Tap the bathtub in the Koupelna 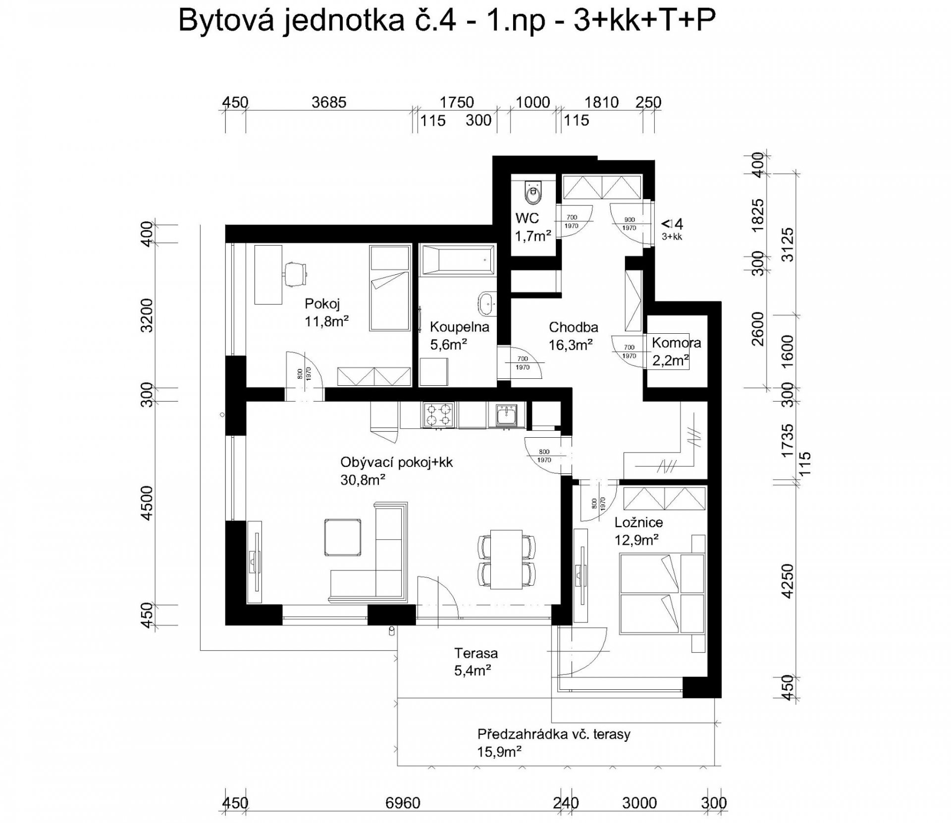pyautogui.click(x=457, y=259)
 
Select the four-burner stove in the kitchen pyautogui.click(x=439, y=414)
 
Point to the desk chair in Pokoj pyautogui.click(x=296, y=273)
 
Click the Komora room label pyautogui.click(x=676, y=343)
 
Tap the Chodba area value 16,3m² pyautogui.click(x=571, y=345)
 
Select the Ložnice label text pyautogui.click(x=638, y=522)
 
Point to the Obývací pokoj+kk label pyautogui.click(x=397, y=463)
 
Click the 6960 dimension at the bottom pyautogui.click(x=402, y=803)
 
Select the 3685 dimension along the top pyautogui.click(x=329, y=103)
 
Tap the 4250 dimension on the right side pyautogui.click(x=787, y=581)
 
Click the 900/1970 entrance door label pyautogui.click(x=629, y=224)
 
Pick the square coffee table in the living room pyautogui.click(x=342, y=538)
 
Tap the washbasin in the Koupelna pyautogui.click(x=487, y=304)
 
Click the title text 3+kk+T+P pyautogui.click(x=644, y=21)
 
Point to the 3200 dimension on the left pyautogui.click(x=148, y=315)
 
